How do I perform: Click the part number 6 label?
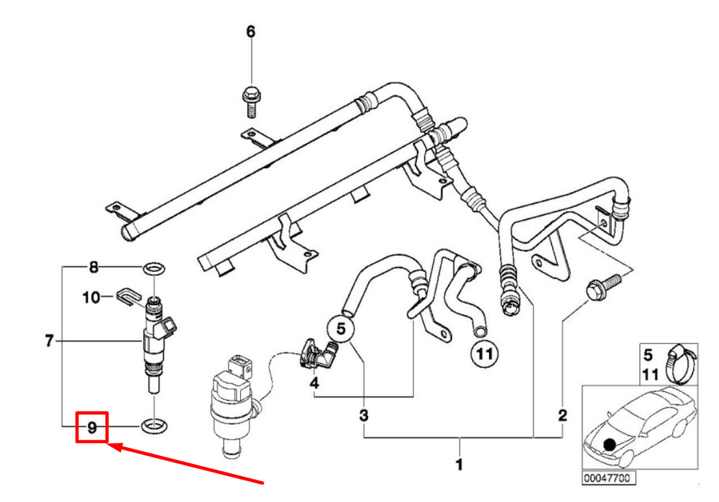[x=250, y=32]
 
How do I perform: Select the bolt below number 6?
[x=251, y=101]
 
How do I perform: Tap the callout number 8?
[x=93, y=267]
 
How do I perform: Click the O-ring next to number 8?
[x=154, y=269]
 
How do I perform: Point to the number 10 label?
[x=91, y=297]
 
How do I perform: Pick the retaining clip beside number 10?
[x=128, y=296]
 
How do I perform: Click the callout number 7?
[x=50, y=341]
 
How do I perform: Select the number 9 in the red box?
[x=92, y=428]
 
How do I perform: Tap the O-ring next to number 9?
[x=154, y=426]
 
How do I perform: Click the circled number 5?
[x=341, y=329]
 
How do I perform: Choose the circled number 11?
[x=485, y=354]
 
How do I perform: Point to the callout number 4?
[x=314, y=382]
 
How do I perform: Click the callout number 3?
[x=364, y=416]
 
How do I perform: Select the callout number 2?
[x=563, y=415]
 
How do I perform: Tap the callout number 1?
[x=459, y=465]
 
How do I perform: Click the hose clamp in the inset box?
[x=682, y=364]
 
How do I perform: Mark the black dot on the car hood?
[x=610, y=444]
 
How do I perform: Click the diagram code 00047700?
[x=607, y=478]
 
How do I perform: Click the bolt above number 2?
[x=603, y=286]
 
